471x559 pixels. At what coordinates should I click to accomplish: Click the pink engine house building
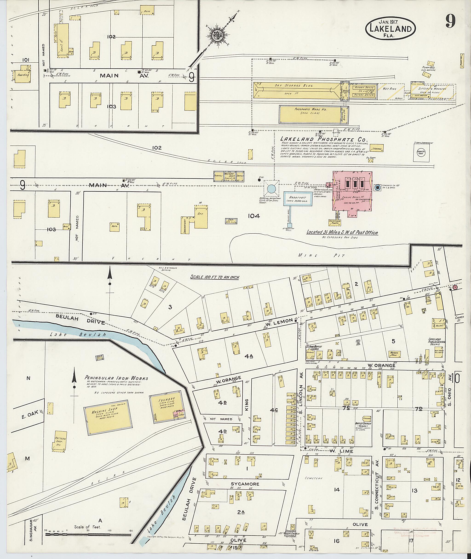pyautogui.click(x=352, y=194)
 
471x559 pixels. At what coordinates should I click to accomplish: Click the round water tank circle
pyautogui.click(x=271, y=189)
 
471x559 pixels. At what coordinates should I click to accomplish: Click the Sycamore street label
pyautogui.click(x=245, y=484)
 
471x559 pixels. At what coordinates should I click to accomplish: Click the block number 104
pyautogui.click(x=253, y=216)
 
